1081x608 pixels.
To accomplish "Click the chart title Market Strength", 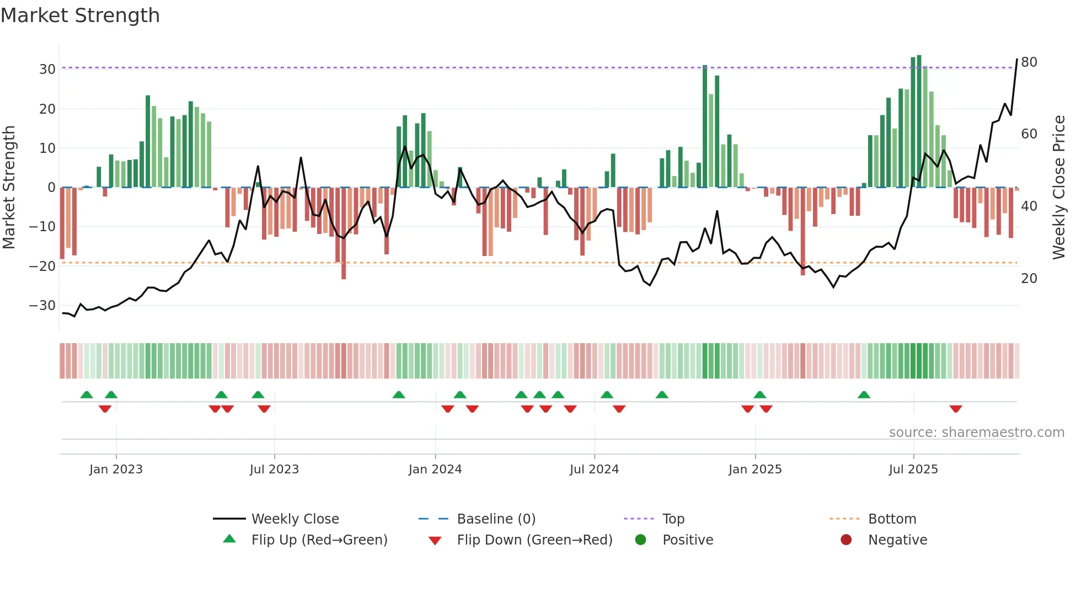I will click(81, 15).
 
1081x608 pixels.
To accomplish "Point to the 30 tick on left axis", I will click(47, 70).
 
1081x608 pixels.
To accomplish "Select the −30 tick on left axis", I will click(42, 306).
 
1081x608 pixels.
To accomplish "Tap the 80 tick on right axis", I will click(1029, 62).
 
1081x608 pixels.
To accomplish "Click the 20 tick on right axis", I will click(1029, 279).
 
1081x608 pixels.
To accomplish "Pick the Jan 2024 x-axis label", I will click(435, 470).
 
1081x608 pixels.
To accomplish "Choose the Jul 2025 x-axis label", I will click(913, 470).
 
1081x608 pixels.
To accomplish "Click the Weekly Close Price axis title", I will click(1059, 188).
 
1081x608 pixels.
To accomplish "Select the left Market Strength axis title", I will click(9, 188).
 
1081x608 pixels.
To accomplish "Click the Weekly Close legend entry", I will click(295, 519).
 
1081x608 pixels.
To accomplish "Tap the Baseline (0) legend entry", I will click(496, 519).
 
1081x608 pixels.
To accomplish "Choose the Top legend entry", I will click(673, 519).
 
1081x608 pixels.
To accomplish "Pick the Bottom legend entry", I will click(892, 519).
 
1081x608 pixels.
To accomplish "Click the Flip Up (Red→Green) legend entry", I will click(319, 540).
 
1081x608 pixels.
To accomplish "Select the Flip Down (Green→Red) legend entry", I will click(534, 540).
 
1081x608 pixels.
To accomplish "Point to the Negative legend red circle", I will click(846, 540).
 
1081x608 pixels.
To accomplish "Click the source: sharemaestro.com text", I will click(976, 433).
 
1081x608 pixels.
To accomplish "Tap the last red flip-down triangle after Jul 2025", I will click(956, 409).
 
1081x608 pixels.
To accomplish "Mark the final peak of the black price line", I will click(1017, 60).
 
